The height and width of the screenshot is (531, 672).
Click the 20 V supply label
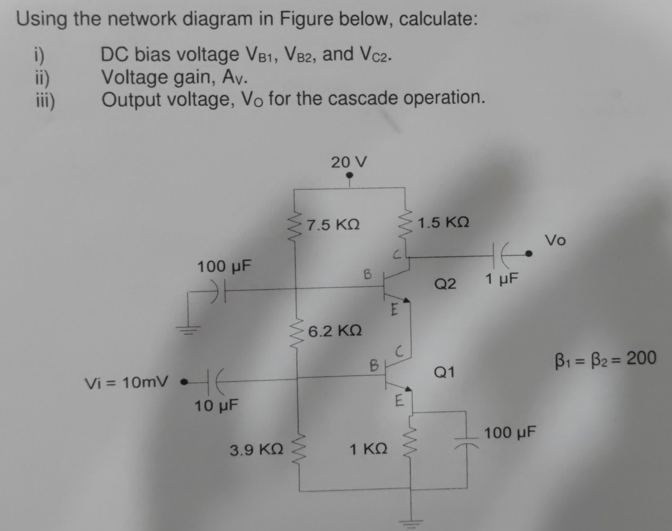click(x=349, y=162)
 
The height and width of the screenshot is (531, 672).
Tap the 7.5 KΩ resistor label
click(x=334, y=224)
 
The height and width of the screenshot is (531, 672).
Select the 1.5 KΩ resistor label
click(x=443, y=222)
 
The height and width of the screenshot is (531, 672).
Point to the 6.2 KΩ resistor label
click(x=335, y=330)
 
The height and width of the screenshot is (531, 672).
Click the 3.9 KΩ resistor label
click(x=256, y=450)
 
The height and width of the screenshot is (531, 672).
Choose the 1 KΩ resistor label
click(x=368, y=449)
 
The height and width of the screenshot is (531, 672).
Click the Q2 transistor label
click(x=445, y=283)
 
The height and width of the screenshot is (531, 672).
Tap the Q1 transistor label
click(x=444, y=372)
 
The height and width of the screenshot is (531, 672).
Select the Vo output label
click(x=555, y=240)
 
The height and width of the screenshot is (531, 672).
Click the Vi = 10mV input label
click(x=127, y=382)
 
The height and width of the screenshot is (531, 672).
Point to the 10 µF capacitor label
click(x=217, y=405)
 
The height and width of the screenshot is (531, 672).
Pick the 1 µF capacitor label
click(x=501, y=279)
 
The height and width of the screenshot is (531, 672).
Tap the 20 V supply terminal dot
click(x=349, y=175)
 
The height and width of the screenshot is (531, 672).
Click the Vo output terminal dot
click(x=529, y=254)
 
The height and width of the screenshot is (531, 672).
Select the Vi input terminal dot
click(x=184, y=381)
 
